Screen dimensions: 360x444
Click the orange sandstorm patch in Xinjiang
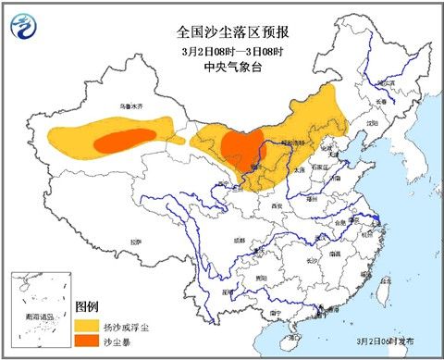[x=122, y=142]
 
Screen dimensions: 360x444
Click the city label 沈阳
[x=371, y=121]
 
